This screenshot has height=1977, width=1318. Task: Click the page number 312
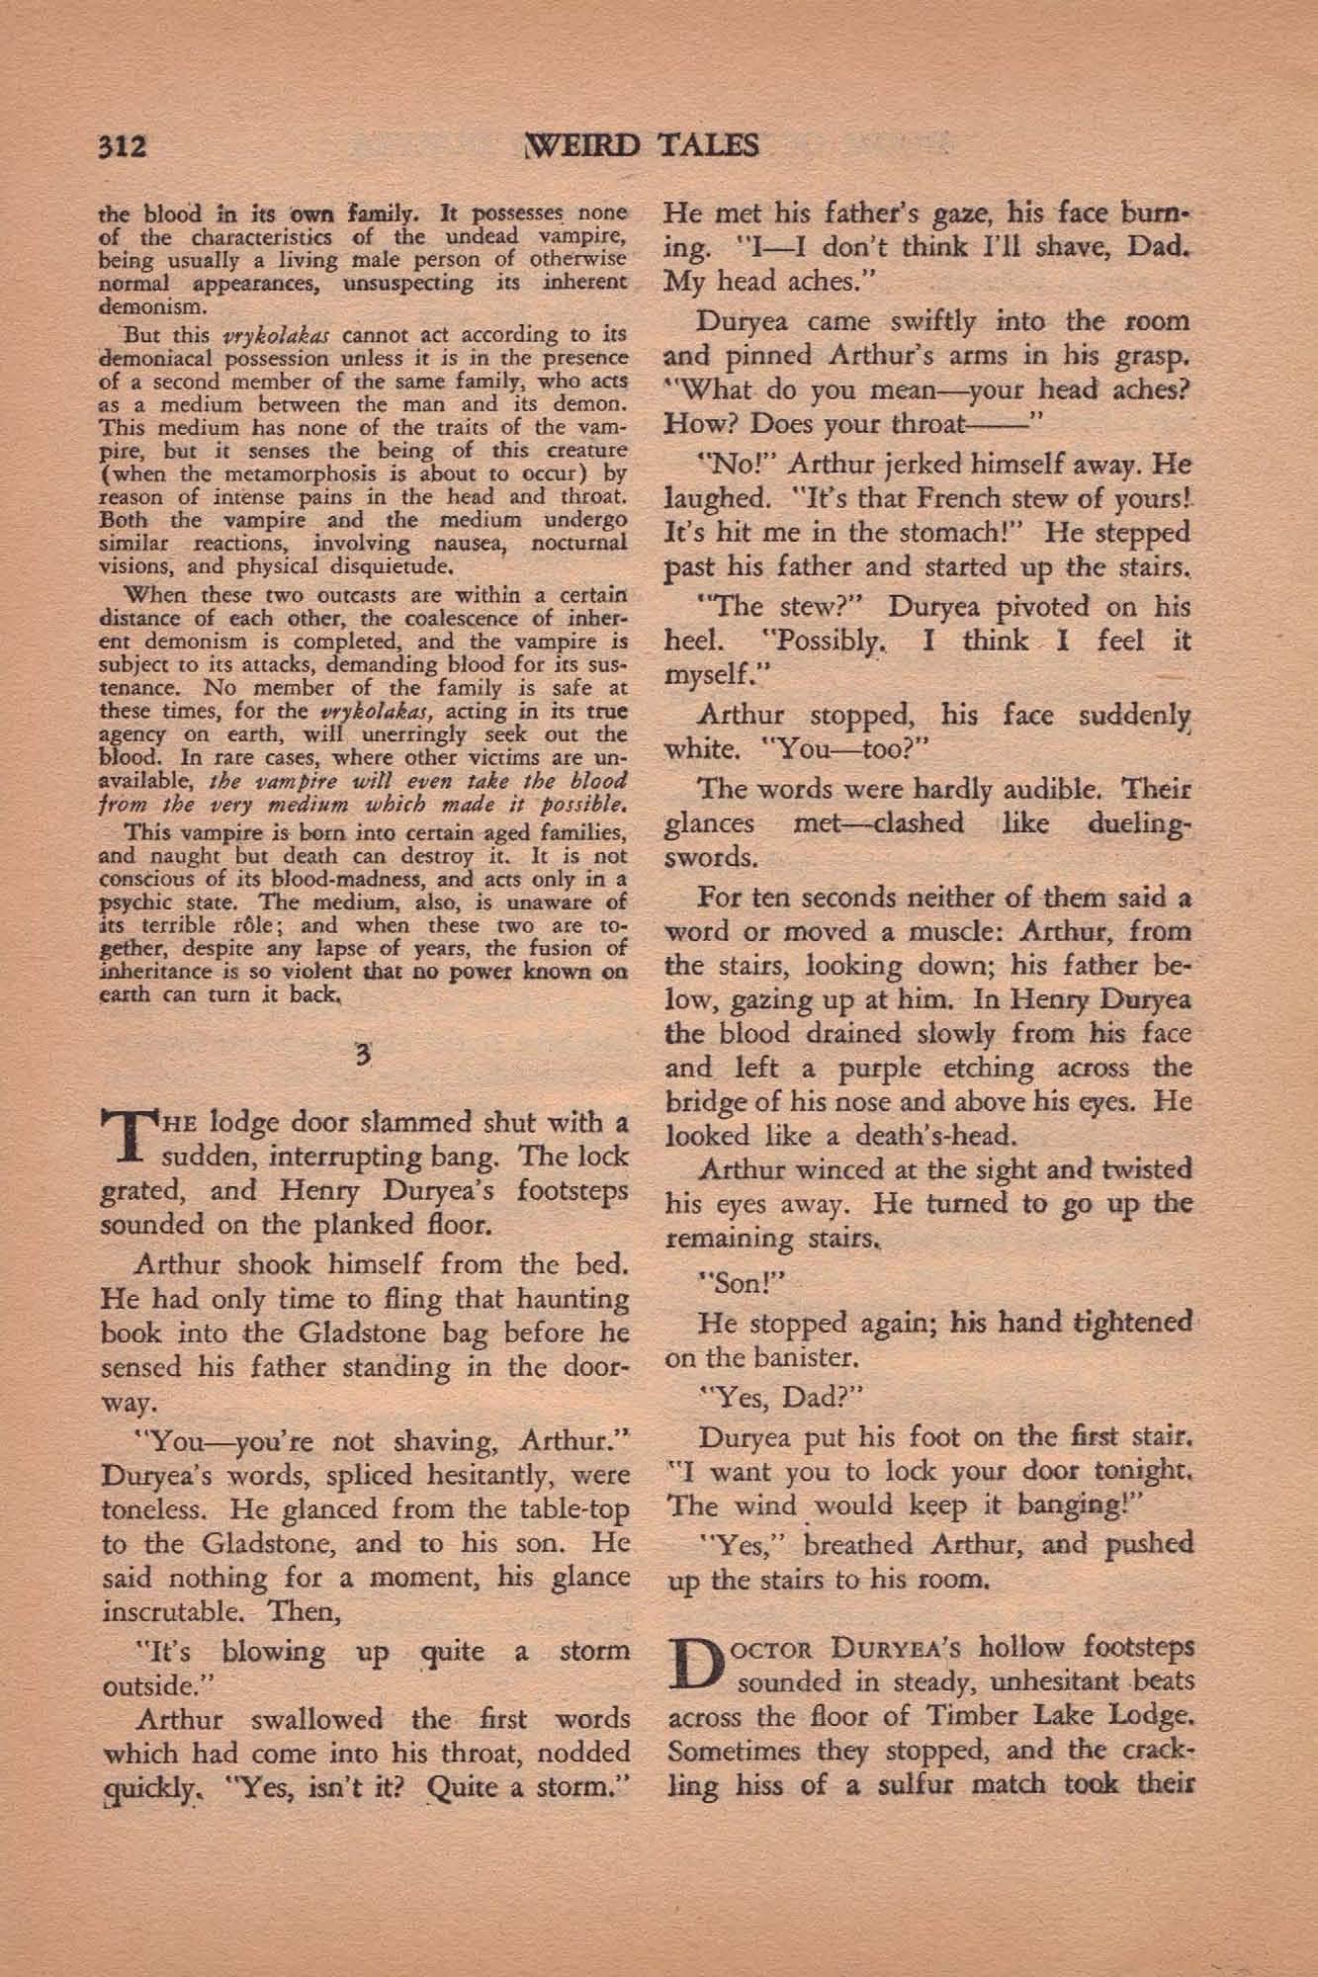click(124, 146)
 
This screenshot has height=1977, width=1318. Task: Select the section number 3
click(364, 1056)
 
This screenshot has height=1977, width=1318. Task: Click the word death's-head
click(873, 1136)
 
